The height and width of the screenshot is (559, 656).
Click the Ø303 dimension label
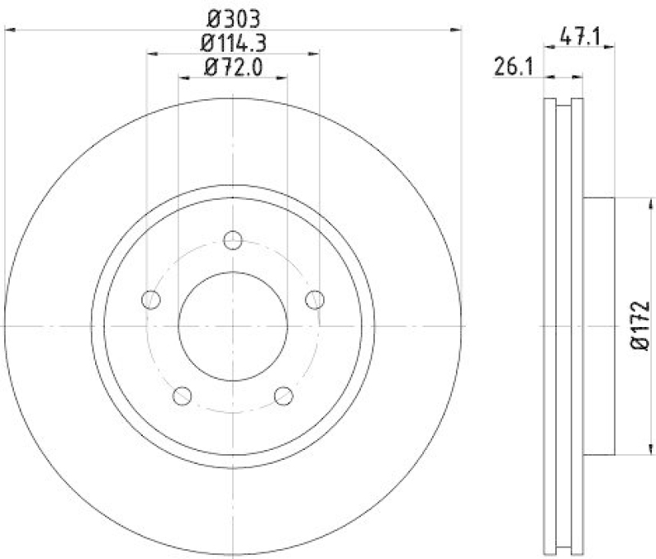pos(233,16)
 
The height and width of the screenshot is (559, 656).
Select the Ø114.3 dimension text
pos(233,41)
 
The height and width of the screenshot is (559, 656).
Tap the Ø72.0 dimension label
pos(233,67)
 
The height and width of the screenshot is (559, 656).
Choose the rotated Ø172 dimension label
pos(640,326)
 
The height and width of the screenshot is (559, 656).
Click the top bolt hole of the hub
pos(233,240)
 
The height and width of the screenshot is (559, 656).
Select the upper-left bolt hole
pos(151,300)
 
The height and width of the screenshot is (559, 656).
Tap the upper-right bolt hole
pos(315,300)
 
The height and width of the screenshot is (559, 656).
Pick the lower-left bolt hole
pos(182,396)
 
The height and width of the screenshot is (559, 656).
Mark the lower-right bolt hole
pos(284,396)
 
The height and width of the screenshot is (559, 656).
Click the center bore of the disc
pos(233,326)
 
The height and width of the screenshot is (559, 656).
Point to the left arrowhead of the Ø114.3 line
pos(153,54)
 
